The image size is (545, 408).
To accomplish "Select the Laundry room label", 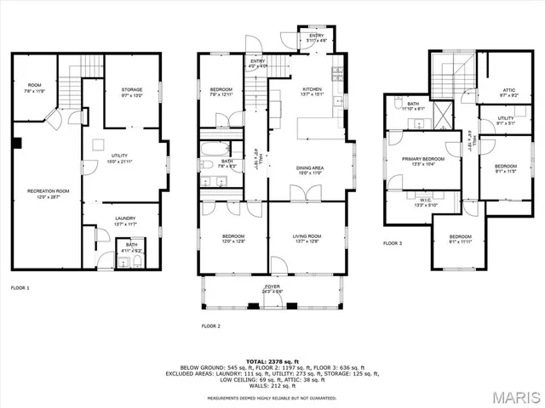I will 126,222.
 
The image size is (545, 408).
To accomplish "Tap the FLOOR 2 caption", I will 210,326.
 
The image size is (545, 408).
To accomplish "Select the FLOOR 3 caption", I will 393,243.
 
